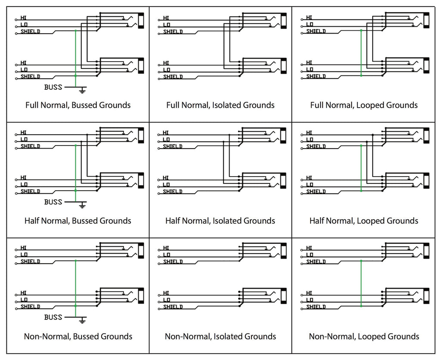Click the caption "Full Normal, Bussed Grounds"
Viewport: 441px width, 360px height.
coord(78,105)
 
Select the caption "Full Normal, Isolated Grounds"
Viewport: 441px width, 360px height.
coord(220,105)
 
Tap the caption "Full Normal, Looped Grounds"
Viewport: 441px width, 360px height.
coord(364,105)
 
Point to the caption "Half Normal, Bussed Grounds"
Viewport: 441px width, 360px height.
coord(78,221)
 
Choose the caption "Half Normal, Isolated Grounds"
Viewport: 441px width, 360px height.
coord(220,221)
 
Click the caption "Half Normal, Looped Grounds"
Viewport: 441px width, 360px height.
coord(364,221)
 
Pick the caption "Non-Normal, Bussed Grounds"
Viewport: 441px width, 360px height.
coord(78,336)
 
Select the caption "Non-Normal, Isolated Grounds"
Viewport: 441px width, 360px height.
coord(220,336)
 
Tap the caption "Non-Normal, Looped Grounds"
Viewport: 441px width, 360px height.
coord(364,336)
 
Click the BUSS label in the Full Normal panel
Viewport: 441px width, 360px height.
coord(53,87)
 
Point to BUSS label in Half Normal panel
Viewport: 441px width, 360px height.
coord(53,202)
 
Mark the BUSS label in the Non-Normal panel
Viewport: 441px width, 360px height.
coord(53,317)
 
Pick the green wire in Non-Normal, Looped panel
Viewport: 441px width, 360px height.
coord(361,283)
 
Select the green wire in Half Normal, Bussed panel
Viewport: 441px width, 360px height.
coord(75,169)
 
